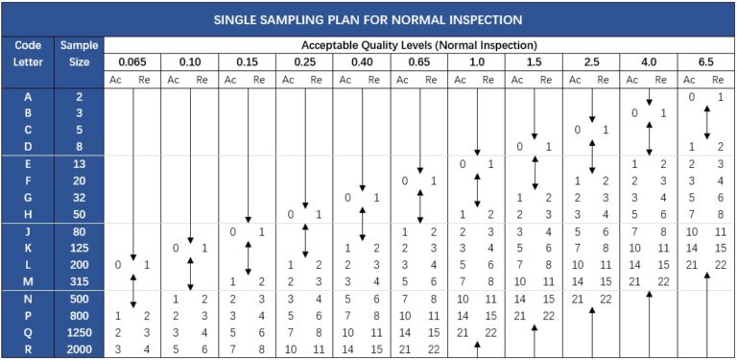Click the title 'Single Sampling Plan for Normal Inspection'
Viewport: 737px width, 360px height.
tap(368, 18)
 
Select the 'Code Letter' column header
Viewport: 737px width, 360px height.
tap(27, 53)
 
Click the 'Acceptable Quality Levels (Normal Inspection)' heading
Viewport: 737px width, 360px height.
tap(418, 45)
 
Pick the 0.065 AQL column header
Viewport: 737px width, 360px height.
tap(131, 62)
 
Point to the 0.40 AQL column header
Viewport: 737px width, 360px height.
tap(362, 62)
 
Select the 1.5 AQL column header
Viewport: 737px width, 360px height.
tap(534, 62)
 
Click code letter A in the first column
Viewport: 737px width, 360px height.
tap(27, 97)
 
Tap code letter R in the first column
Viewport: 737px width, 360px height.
tap(27, 349)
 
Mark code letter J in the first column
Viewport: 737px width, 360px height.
tap(27, 231)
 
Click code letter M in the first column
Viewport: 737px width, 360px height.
tap(27, 280)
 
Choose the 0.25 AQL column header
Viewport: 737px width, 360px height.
tap(304, 62)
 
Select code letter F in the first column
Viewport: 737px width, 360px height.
tap(27, 180)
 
